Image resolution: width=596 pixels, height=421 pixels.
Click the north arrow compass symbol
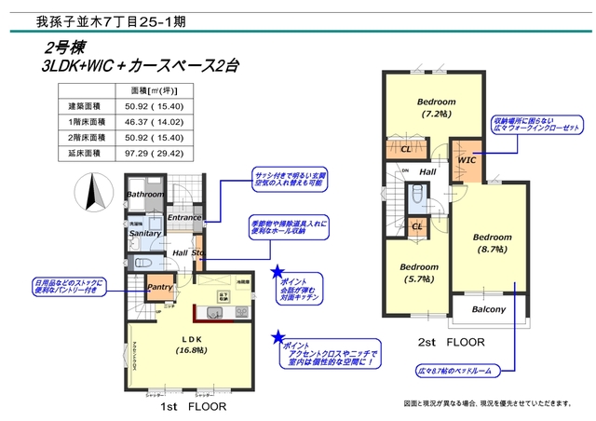[92, 196]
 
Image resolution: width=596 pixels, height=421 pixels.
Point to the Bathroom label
[145, 195]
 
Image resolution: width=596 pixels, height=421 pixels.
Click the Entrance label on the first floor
[185, 218]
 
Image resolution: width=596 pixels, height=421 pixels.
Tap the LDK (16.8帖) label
[193, 345]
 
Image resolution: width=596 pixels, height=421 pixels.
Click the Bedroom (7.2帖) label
[436, 107]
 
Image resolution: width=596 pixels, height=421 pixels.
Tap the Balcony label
[488, 310]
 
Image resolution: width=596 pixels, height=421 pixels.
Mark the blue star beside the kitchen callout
[278, 273]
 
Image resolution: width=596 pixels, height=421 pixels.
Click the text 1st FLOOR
[190, 407]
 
